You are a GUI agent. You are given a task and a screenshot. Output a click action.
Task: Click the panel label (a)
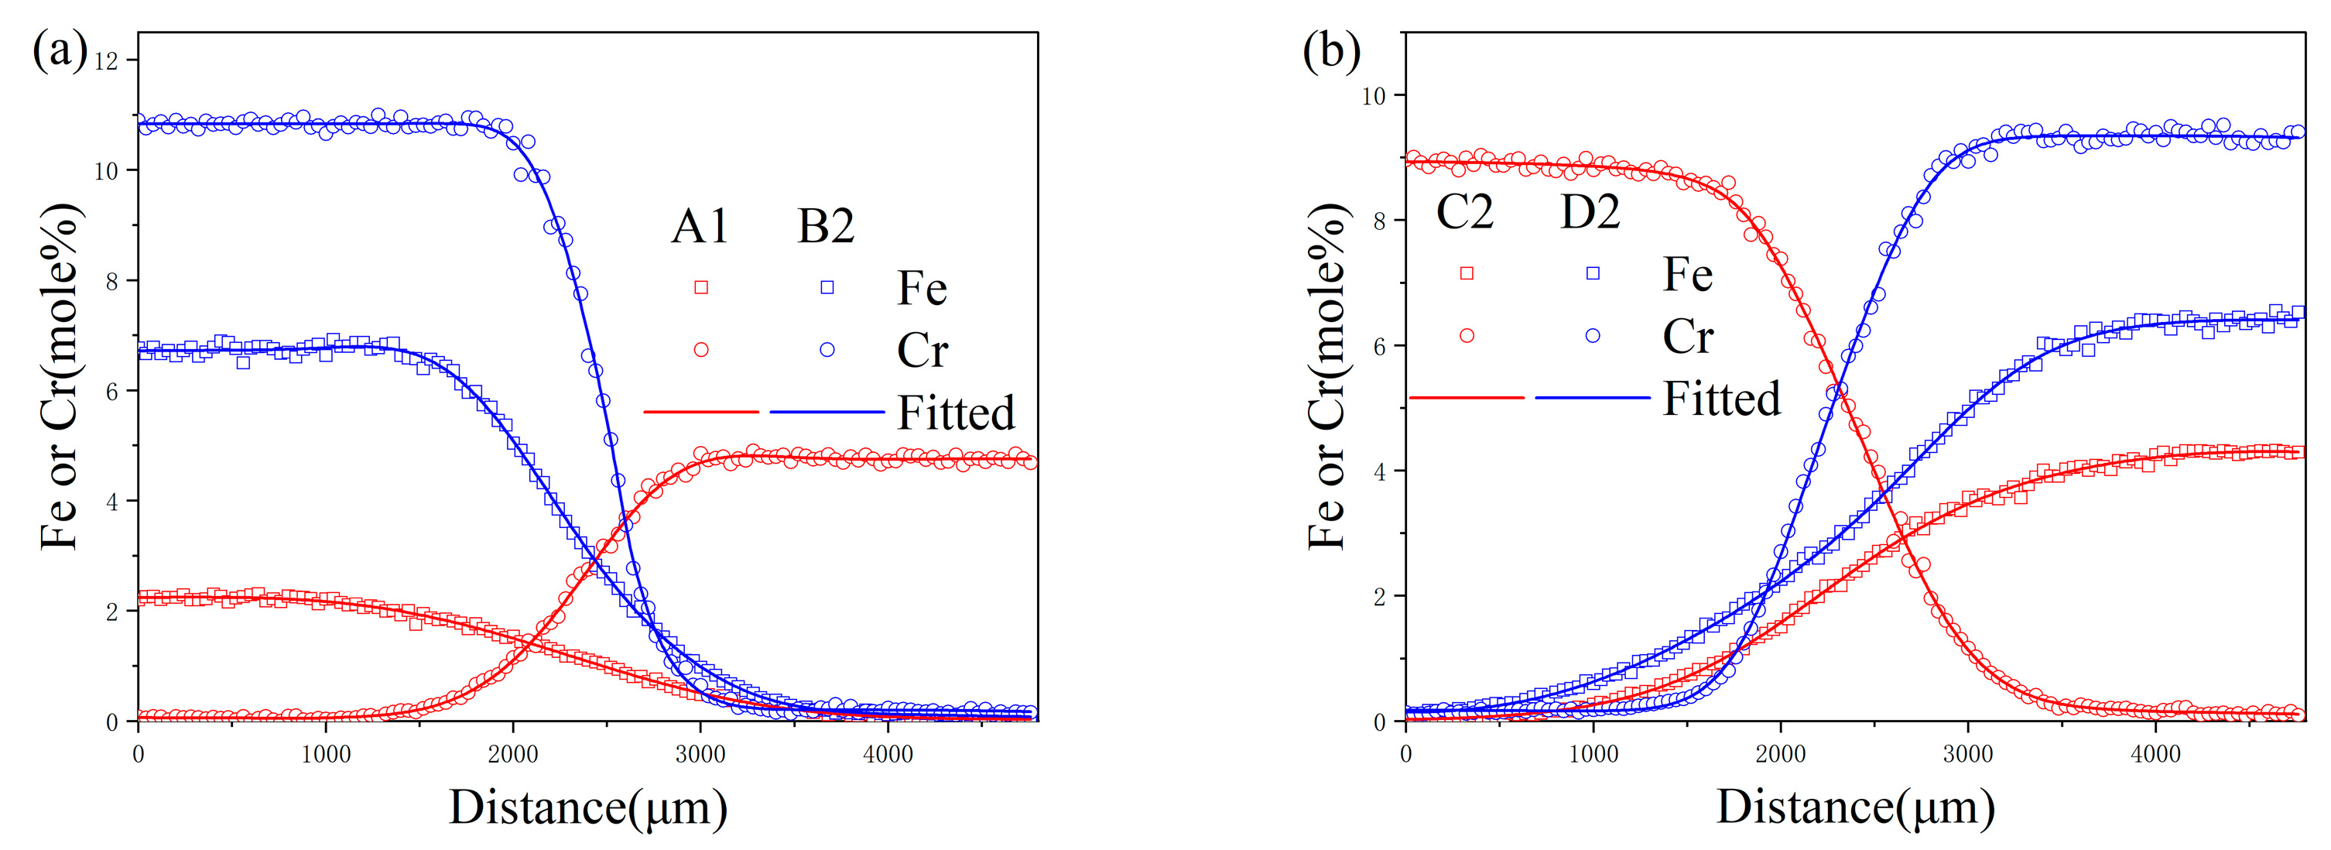60,50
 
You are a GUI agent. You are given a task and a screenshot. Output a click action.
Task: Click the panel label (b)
1331,50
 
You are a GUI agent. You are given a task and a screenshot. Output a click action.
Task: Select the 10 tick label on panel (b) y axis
1374,96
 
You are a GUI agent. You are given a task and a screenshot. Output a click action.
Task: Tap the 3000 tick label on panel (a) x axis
700,754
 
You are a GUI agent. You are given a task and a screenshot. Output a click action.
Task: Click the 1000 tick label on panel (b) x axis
1593,754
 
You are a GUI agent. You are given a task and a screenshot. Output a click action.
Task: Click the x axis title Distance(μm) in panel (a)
588,807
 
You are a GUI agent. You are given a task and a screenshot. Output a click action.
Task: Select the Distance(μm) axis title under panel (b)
1855,807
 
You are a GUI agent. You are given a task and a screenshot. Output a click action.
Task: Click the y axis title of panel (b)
1327,376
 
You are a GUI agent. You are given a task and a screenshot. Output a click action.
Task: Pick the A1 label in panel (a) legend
700,226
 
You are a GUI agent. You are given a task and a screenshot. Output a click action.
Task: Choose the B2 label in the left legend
825,226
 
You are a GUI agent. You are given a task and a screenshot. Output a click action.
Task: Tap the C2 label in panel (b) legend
1465,213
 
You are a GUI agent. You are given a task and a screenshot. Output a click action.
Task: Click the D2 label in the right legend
1590,213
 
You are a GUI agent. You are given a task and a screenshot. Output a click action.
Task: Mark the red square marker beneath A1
700,288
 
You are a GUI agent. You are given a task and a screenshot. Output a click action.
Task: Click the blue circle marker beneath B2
827,349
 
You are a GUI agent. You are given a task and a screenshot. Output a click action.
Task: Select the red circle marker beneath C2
1467,336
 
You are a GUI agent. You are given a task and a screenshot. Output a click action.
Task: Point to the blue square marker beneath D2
1593,273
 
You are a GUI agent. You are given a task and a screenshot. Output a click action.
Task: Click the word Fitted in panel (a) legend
956,413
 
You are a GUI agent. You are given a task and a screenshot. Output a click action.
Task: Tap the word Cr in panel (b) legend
1688,337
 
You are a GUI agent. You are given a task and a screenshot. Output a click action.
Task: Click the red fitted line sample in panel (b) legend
1467,397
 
